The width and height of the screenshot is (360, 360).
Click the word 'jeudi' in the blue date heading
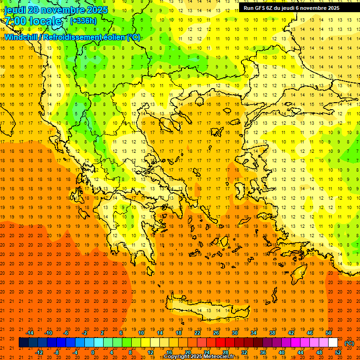click(x=15, y=9)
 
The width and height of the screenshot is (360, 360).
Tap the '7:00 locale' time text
click(x=33, y=21)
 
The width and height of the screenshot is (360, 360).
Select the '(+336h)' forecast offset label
click(x=83, y=21)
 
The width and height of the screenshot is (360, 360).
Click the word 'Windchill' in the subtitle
click(x=21, y=37)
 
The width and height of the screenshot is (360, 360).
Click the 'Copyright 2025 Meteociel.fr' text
click(x=199, y=357)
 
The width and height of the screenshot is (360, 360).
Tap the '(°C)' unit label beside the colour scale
click(x=349, y=343)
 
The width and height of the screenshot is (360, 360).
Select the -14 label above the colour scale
click(x=30, y=332)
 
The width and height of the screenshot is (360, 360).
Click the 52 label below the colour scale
click(x=337, y=352)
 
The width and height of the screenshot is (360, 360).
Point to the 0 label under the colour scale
click(x=93, y=352)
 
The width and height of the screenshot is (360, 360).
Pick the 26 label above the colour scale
click(x=216, y=332)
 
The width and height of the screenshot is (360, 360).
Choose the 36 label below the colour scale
click(x=262, y=352)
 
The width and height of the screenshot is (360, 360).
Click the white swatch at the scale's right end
click(x=333, y=343)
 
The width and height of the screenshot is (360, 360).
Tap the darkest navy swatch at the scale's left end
click(x=23, y=343)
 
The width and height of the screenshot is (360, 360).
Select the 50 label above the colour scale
click(x=329, y=332)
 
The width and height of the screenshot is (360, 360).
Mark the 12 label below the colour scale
click(x=150, y=352)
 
